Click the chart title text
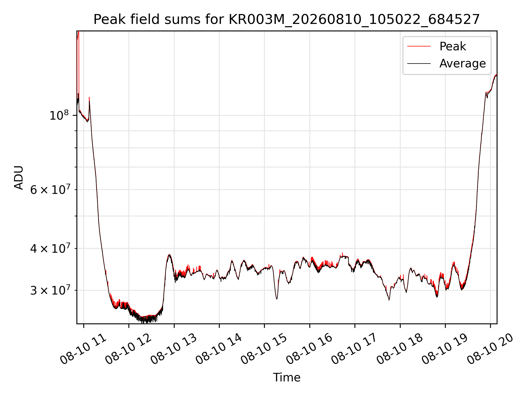click(x=287, y=20)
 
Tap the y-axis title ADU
click(x=19, y=177)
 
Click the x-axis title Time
click(x=287, y=378)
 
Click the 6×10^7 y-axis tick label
click(x=50, y=189)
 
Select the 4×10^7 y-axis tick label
click(x=50, y=248)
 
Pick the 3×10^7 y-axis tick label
click(x=50, y=290)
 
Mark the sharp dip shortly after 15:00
click(x=277, y=299)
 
